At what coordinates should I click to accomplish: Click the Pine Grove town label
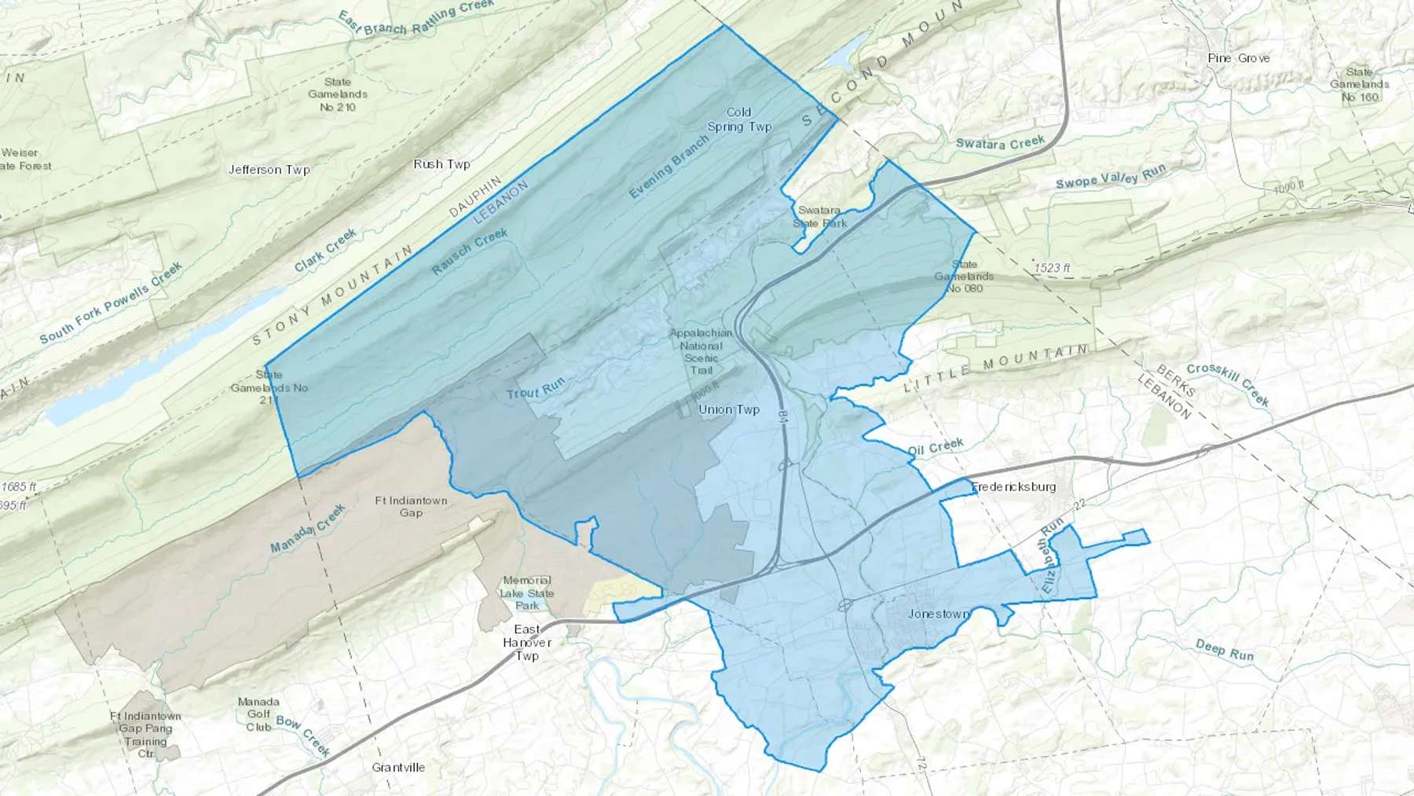click(1238, 58)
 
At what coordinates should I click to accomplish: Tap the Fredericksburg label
click(1013, 486)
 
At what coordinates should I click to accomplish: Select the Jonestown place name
click(938, 614)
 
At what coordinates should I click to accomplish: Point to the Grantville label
click(398, 767)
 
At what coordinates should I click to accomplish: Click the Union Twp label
click(729, 409)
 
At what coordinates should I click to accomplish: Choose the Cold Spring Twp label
click(739, 119)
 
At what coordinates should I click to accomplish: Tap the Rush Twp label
click(441, 164)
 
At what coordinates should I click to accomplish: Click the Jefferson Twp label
click(269, 170)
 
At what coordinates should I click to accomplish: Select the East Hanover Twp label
click(527, 642)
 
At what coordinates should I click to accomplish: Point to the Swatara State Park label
click(819, 216)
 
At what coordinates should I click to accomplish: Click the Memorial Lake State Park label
click(527, 592)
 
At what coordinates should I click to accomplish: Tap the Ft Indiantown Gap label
click(411, 506)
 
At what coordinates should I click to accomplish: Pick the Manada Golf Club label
click(258, 714)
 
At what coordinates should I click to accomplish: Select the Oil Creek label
click(936, 448)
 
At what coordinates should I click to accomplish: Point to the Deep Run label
click(1224, 650)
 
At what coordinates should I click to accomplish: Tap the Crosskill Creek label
click(1227, 383)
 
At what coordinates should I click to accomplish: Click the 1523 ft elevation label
click(1052, 268)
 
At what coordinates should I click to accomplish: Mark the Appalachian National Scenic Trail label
click(701, 351)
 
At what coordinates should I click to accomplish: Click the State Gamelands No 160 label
click(1360, 85)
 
